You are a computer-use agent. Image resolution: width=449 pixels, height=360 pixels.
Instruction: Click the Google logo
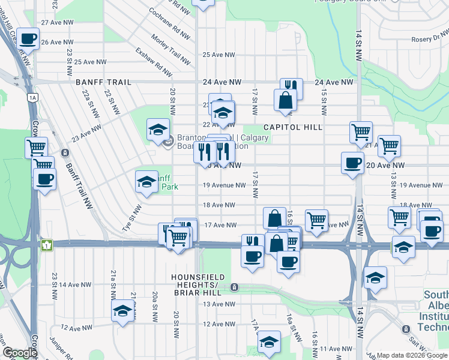coord(19,352)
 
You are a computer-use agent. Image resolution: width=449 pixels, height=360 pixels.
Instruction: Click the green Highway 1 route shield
coord(46,245)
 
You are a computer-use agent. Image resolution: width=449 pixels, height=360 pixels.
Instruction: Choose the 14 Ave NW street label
coord(75,284)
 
